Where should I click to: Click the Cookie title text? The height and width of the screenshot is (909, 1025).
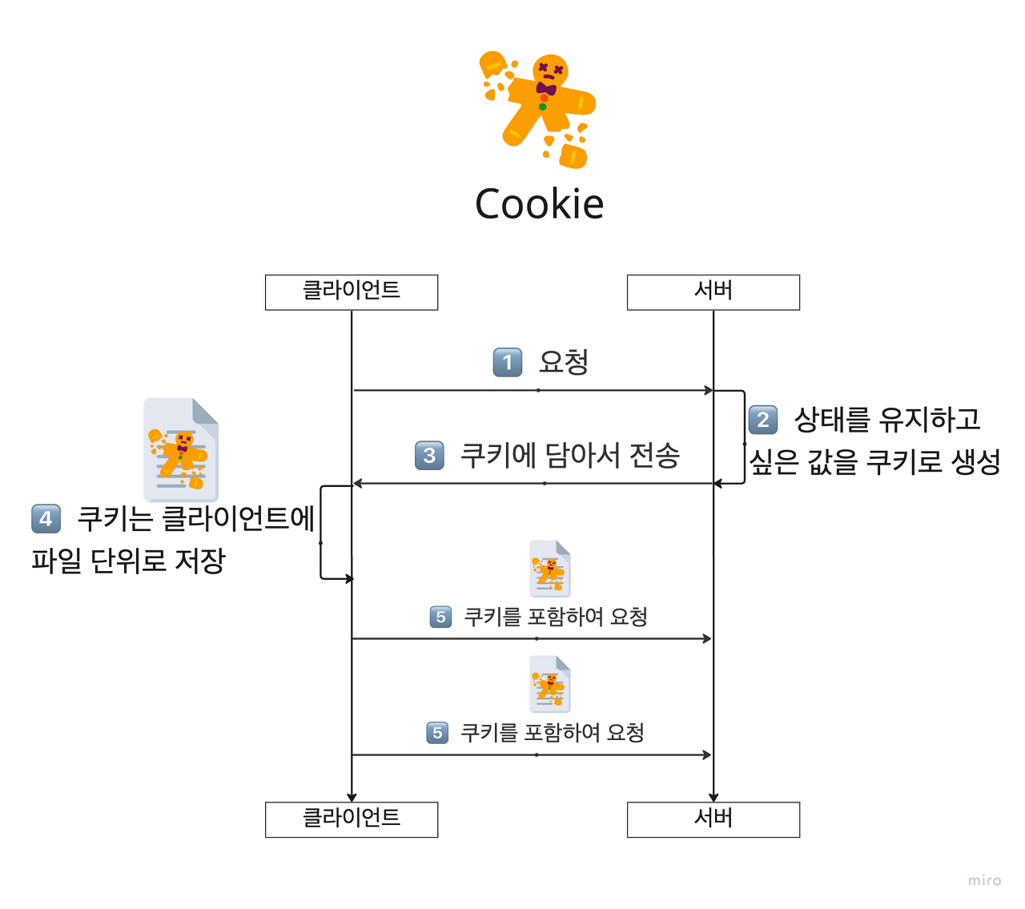(539, 203)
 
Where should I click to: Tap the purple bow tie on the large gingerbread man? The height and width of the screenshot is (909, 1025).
(546, 88)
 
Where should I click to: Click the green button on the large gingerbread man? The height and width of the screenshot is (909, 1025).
(543, 107)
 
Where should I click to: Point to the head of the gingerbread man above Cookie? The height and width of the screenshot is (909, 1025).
(550, 70)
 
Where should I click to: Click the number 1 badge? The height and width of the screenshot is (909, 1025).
(507, 362)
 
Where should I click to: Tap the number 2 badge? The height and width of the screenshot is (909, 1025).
(762, 420)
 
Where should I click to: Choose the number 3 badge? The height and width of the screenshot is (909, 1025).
(429, 456)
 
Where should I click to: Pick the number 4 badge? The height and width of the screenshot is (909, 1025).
(46, 519)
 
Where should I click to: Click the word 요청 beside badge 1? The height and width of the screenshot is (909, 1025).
(564, 362)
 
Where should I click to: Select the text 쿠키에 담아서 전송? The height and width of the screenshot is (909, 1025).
(569, 456)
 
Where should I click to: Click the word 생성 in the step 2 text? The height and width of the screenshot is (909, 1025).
(976, 461)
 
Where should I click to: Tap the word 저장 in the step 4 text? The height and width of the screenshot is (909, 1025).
(200, 561)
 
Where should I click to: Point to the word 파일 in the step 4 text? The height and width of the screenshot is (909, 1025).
(57, 561)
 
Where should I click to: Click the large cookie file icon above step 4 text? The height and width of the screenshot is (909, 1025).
(181, 449)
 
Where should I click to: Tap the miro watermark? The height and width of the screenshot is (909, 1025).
(984, 880)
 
